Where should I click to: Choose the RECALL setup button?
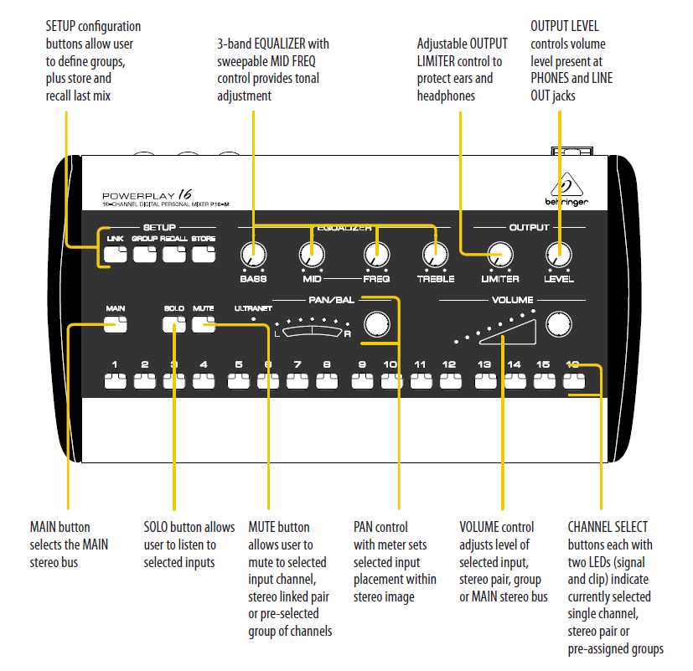click(173, 254)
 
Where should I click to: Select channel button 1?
click(115, 382)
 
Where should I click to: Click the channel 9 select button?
click(362, 382)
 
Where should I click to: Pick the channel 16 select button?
click(574, 382)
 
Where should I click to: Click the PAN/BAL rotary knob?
click(376, 325)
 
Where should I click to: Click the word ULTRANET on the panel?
click(253, 309)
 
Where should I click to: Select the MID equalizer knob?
click(311, 254)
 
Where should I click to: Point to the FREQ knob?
click(376, 254)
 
